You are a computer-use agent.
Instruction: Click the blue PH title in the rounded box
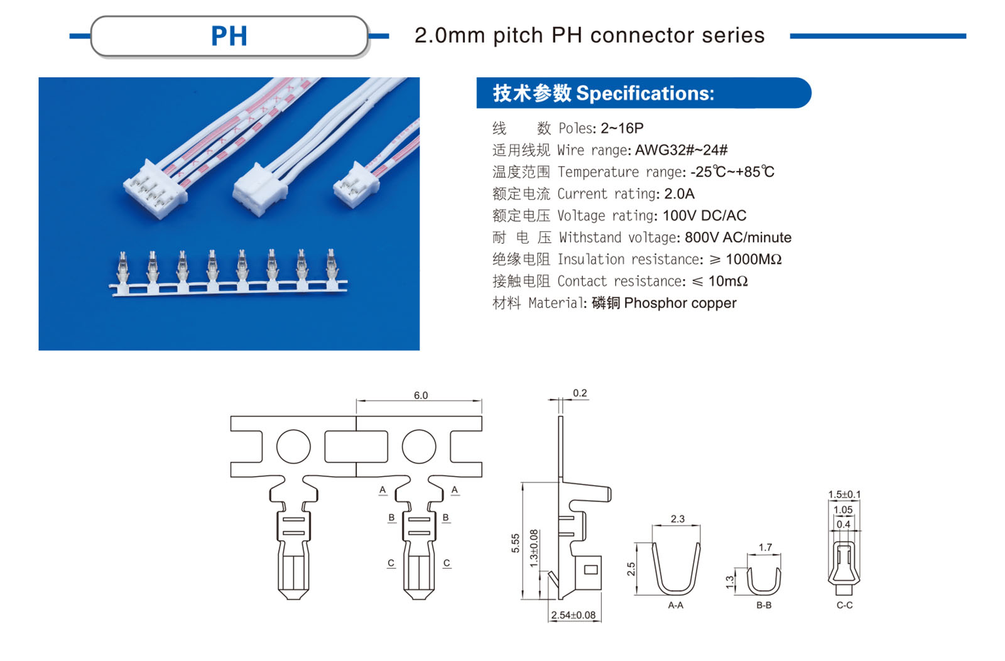(229, 36)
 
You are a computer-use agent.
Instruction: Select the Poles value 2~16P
(622, 128)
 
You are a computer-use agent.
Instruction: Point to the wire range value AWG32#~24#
(681, 150)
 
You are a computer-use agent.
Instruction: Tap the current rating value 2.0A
(679, 194)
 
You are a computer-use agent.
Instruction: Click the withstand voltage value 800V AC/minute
(737, 238)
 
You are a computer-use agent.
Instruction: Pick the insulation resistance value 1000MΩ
(753, 259)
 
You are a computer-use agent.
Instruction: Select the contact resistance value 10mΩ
(728, 281)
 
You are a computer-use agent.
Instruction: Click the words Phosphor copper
(680, 303)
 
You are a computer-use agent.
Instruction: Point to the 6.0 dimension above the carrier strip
(420, 395)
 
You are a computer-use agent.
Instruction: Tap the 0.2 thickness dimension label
(580, 393)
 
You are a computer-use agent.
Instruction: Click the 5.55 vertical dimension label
(516, 543)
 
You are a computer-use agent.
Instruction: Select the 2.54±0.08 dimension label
(573, 615)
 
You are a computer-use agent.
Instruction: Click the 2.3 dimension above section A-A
(677, 519)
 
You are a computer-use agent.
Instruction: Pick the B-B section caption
(764, 605)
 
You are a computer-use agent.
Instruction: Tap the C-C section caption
(844, 605)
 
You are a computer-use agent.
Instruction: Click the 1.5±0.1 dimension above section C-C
(844, 494)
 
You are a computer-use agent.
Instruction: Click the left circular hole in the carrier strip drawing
(293, 447)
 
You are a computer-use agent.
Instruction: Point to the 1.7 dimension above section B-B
(764, 547)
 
